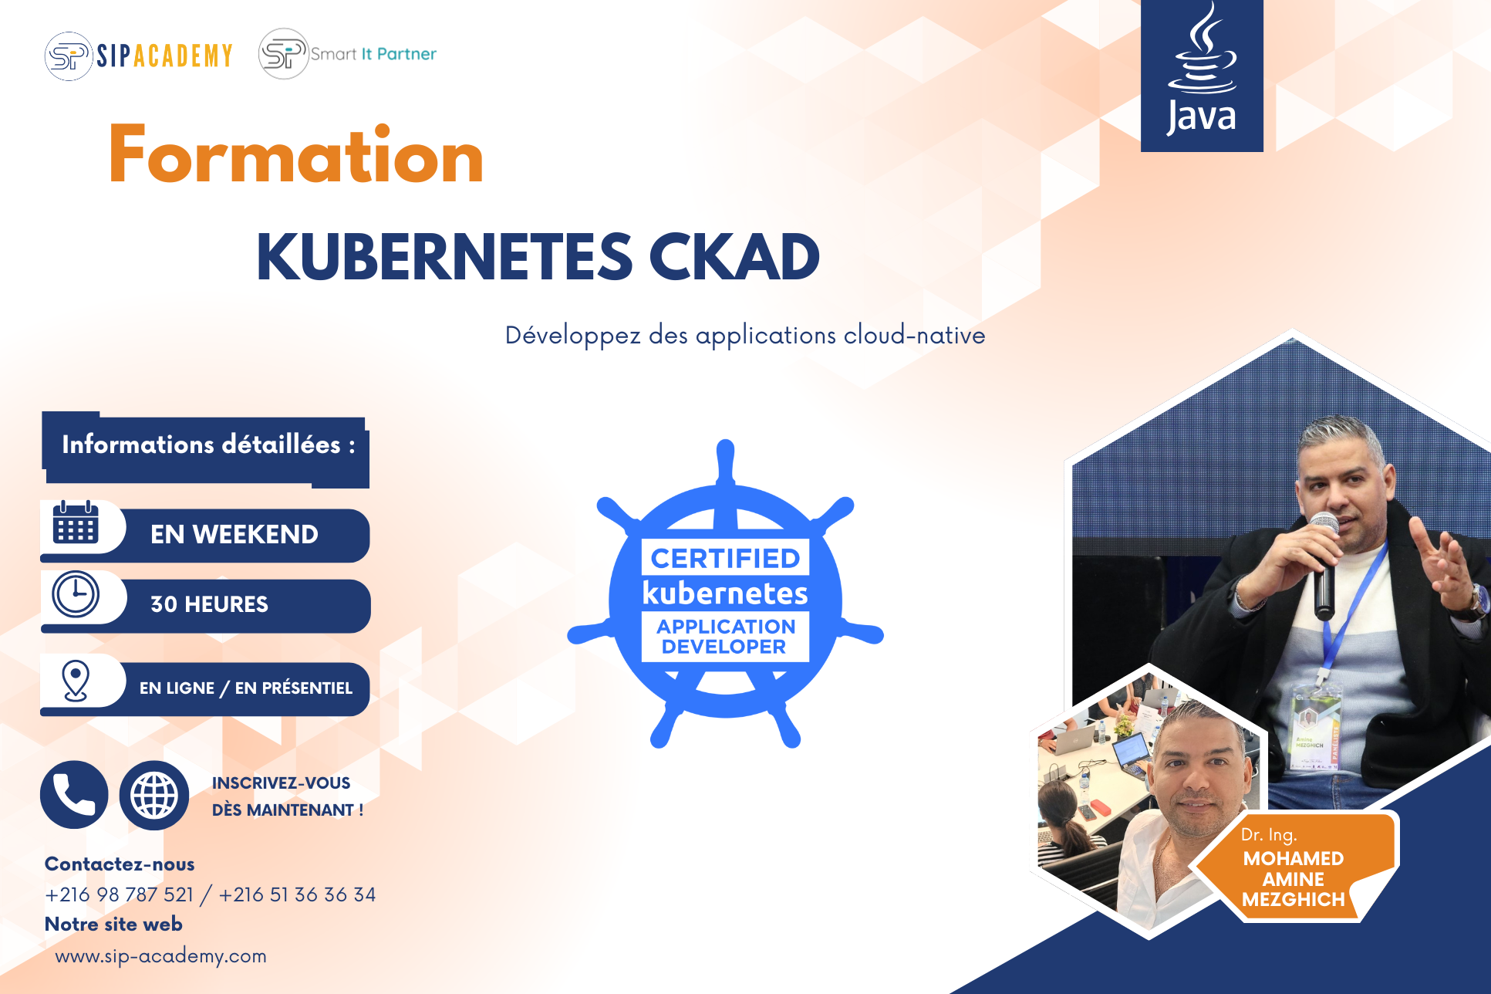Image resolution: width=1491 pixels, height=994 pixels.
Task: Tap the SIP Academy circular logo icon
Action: pos(69,56)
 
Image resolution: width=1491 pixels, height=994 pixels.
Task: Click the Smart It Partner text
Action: pos(373,54)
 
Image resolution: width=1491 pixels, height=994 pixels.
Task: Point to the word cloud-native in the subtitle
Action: pos(914,335)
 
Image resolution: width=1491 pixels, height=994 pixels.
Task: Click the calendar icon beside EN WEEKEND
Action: pos(76,522)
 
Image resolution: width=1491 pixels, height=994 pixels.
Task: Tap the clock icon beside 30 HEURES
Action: pos(76,593)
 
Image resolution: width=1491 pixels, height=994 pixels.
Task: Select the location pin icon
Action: pos(76,681)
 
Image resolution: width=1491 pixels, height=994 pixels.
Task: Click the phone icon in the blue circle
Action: pos(74,795)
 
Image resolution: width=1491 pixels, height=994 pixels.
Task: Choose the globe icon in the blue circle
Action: pos(154,795)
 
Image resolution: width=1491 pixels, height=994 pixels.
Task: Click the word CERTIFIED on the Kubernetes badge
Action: pos(725,558)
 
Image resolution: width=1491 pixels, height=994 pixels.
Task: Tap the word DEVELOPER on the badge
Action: pos(724,647)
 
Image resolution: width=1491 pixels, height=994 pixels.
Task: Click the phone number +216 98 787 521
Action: pos(120,894)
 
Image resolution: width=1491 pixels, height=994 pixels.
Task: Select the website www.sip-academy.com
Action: pos(160,956)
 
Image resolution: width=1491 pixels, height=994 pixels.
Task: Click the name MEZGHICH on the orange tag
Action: pos(1294,899)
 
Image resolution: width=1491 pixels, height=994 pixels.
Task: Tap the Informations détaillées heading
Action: pos(208,445)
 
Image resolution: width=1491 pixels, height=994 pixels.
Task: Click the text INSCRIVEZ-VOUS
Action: pos(281,783)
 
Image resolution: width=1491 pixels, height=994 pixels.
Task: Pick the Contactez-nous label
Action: pos(120,864)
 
